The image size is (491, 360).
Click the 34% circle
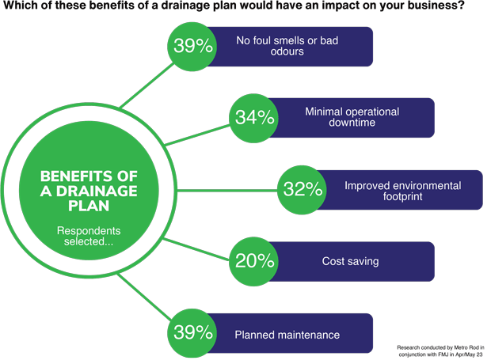[x=254, y=118]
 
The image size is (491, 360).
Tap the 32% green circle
[x=303, y=190]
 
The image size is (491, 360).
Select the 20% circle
[x=254, y=261]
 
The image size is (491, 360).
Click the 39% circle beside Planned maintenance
[x=192, y=333]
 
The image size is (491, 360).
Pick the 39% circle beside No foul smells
[x=192, y=47]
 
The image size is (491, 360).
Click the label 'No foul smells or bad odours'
[x=287, y=46]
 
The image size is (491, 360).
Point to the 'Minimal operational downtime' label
[x=352, y=117]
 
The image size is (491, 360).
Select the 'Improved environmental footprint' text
[x=402, y=191]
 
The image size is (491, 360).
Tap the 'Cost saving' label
[x=350, y=261]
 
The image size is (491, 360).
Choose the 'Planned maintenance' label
[x=287, y=335]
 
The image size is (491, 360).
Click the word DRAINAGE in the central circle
[x=97, y=191]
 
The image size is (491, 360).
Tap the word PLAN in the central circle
[x=89, y=206]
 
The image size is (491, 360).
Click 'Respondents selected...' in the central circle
[x=89, y=236]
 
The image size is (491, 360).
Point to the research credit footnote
[x=440, y=351]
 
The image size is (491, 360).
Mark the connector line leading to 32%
[x=227, y=190]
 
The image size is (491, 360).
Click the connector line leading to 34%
[x=198, y=135]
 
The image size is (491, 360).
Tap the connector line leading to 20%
[x=196, y=249]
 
